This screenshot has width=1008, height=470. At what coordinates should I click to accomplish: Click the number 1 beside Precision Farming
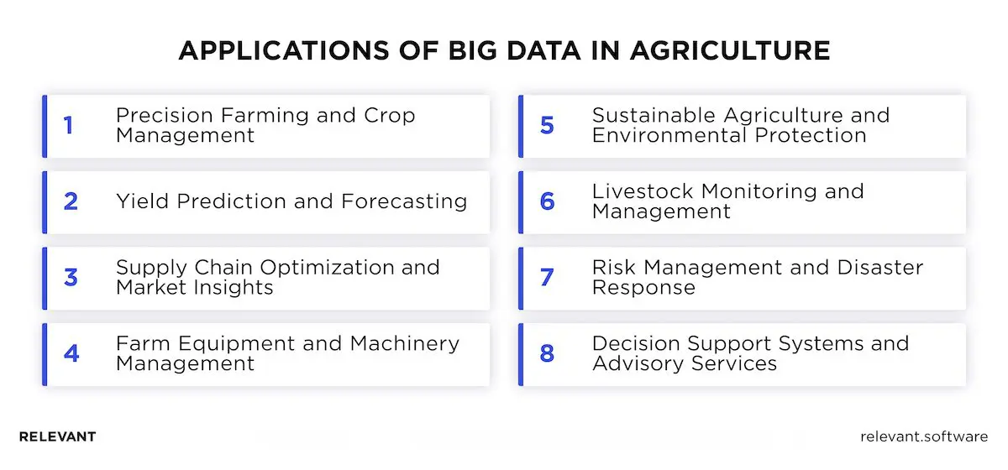pyautogui.click(x=68, y=126)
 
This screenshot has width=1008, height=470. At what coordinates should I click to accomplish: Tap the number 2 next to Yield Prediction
pyautogui.click(x=71, y=201)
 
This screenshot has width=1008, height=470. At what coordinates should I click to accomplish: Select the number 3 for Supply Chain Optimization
pyautogui.click(x=71, y=278)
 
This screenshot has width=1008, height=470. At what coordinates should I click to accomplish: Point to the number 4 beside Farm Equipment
pyautogui.click(x=71, y=354)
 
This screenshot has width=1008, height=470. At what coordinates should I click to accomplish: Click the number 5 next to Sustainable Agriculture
pyautogui.click(x=547, y=126)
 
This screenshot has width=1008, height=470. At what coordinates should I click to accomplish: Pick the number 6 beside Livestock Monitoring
pyautogui.click(x=547, y=201)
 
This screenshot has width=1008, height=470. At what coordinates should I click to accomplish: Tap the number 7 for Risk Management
pyautogui.click(x=547, y=278)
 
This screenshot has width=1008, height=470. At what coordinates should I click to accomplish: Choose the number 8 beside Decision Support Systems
pyautogui.click(x=547, y=354)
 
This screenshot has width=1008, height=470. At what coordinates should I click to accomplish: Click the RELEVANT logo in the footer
pyautogui.click(x=57, y=436)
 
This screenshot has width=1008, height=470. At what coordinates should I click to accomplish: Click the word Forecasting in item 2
pyautogui.click(x=404, y=201)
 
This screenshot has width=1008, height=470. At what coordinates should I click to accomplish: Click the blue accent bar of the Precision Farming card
pyautogui.click(x=45, y=126)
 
